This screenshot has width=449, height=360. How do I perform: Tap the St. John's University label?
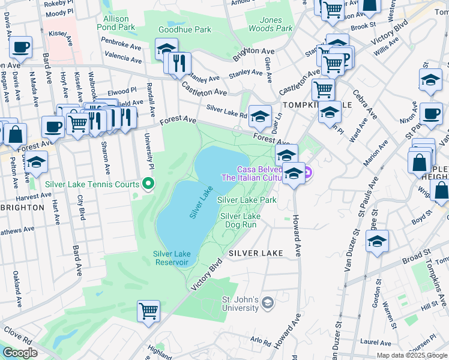click(240, 304)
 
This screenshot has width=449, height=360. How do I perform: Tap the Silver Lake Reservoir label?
click(171, 258)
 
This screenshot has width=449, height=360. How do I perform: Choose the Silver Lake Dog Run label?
click(240, 220)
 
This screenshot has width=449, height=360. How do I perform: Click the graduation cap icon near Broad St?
click(377, 242)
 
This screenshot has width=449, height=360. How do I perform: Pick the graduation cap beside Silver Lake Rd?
click(260, 116)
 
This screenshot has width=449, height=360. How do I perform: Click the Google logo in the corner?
click(20, 353)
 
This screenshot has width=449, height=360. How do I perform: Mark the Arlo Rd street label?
click(261, 340)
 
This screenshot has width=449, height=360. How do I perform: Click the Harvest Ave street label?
click(34, 196)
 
